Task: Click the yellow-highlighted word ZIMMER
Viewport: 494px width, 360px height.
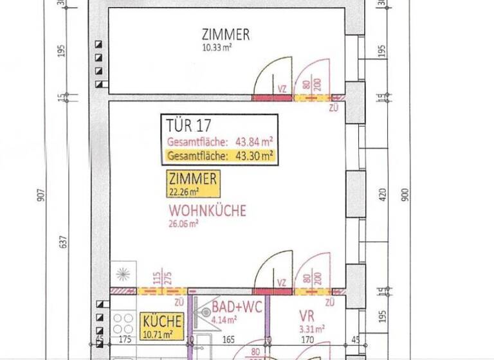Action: [192, 179]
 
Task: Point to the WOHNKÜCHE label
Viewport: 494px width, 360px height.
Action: [208, 210]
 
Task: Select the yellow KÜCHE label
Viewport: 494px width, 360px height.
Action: [162, 321]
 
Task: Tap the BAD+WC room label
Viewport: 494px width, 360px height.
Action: [237, 307]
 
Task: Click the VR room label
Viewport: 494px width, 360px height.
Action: [306, 316]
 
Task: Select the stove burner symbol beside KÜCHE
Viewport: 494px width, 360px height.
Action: [122, 323]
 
